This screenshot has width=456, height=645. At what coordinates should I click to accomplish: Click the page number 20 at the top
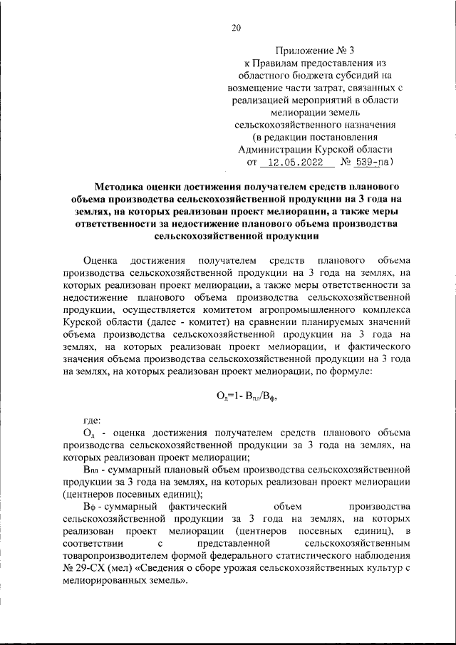coord(237,29)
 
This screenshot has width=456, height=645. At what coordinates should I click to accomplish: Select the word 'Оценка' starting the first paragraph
coord(102,257)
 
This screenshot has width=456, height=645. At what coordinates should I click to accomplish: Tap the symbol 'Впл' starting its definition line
coord(92,470)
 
